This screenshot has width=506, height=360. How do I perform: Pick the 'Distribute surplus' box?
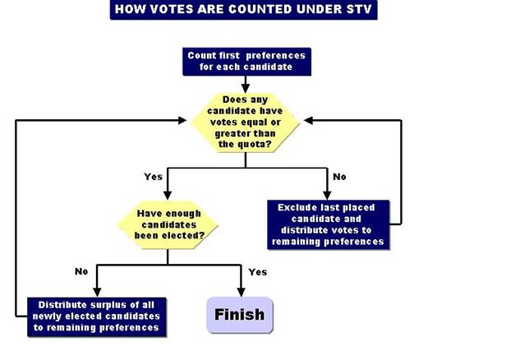pyautogui.click(x=98, y=315)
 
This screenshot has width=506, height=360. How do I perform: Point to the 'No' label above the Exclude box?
pyautogui.click(x=339, y=175)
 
